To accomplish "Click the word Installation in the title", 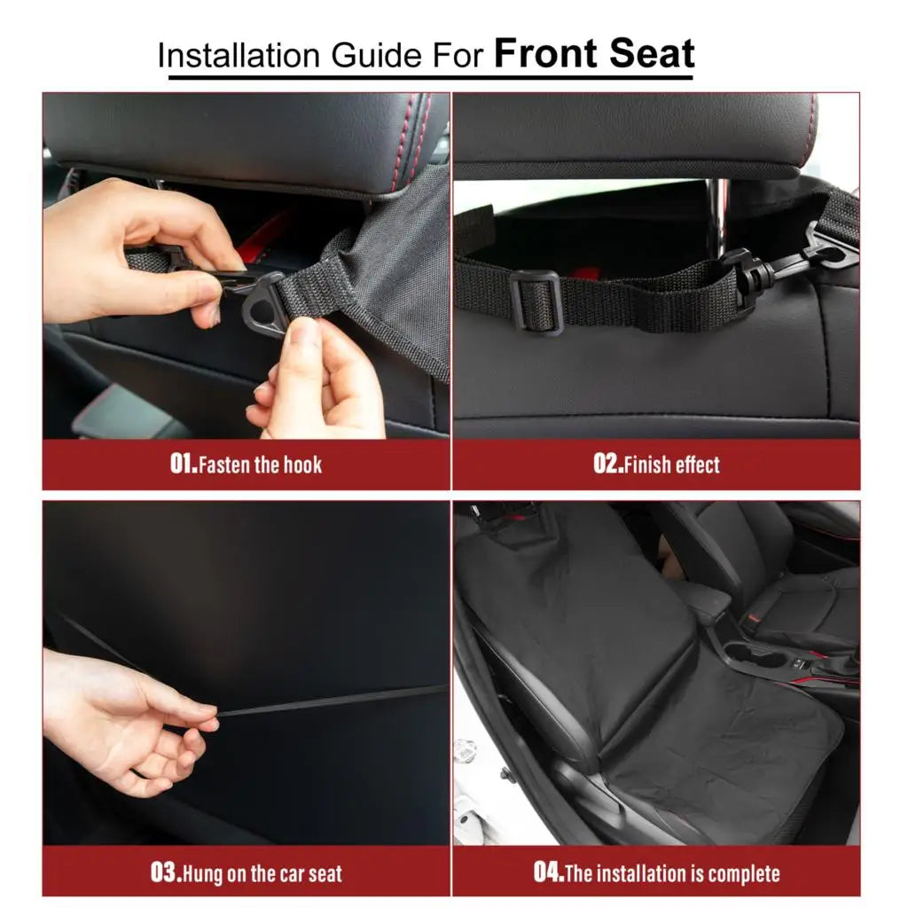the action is click(239, 56).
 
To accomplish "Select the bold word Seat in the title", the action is click(652, 53).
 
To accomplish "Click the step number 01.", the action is click(184, 464).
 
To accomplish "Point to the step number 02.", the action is click(608, 464).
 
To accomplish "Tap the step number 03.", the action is click(166, 873).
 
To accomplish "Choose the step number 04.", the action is click(548, 873).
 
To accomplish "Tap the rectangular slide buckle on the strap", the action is click(536, 303).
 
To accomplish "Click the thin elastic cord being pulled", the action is click(330, 701).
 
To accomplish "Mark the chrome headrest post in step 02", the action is click(718, 217).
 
